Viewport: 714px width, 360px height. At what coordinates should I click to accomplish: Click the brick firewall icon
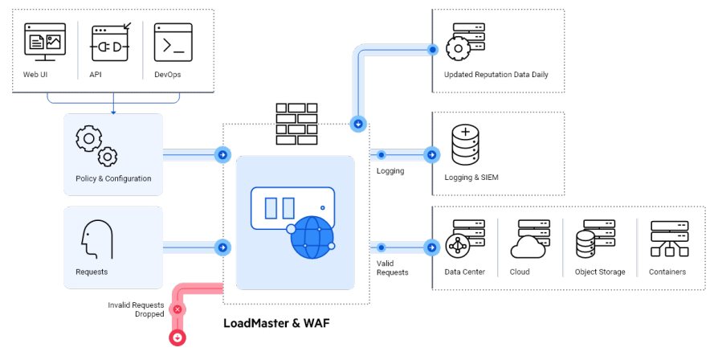pyautogui.click(x=295, y=123)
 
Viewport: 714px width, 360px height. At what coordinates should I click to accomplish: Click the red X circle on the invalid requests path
pyautogui.click(x=177, y=309)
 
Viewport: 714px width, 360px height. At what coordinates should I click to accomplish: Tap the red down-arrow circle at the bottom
pyautogui.click(x=177, y=337)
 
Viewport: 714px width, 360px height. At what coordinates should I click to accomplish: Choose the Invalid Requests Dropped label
pyautogui.click(x=136, y=309)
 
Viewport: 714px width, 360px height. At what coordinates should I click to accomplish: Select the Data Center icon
pyautogui.click(x=464, y=239)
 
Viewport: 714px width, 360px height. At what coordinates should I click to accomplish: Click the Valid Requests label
pyautogui.click(x=392, y=268)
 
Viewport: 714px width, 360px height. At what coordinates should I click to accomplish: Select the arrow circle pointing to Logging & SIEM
pyautogui.click(x=432, y=154)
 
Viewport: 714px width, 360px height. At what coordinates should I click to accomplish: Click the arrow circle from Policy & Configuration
pyautogui.click(x=222, y=154)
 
